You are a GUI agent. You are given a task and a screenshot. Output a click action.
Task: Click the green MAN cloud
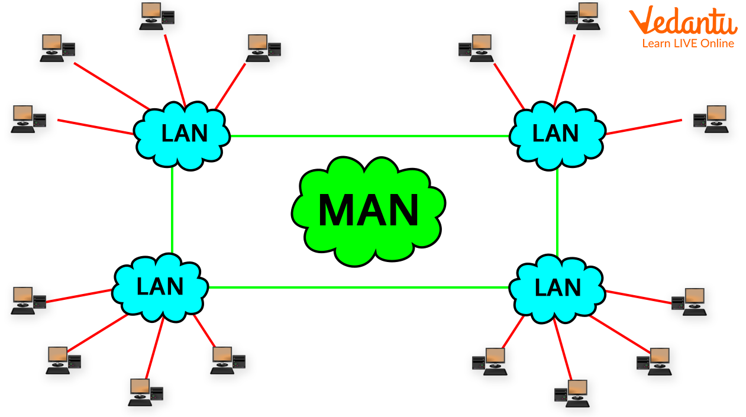tap(368, 211)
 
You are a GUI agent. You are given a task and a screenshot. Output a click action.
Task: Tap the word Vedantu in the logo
tap(683, 22)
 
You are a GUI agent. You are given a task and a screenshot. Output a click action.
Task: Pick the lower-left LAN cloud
tap(160, 287)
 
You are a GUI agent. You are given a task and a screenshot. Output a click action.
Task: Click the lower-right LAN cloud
tap(557, 288)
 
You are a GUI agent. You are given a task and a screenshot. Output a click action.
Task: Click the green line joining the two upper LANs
tap(369, 136)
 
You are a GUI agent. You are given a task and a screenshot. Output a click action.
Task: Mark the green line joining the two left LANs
tap(172, 210)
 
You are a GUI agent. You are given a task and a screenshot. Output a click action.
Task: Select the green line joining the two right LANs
tap(557, 212)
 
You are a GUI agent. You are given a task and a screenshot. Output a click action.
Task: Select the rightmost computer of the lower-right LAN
tap(689, 301)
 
